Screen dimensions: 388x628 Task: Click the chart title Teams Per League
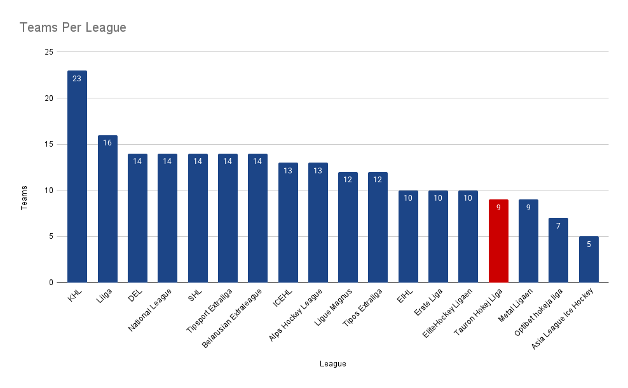coord(72,28)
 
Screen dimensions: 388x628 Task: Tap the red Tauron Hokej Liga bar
coord(498,241)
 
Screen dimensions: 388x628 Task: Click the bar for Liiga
coord(107,209)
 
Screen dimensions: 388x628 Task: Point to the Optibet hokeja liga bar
coord(558,250)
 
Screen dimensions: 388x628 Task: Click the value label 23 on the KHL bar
coord(77,79)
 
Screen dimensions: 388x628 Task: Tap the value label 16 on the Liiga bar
coord(107,143)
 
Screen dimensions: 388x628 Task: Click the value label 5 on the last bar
coord(589,244)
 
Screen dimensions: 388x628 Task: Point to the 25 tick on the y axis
coord(48,52)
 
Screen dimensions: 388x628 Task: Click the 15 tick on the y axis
coord(48,144)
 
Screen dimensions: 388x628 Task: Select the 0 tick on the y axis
coord(50,283)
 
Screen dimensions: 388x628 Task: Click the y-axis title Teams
coord(25,197)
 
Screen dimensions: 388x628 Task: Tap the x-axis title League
coord(333,364)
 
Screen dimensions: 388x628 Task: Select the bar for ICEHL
coord(288,223)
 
